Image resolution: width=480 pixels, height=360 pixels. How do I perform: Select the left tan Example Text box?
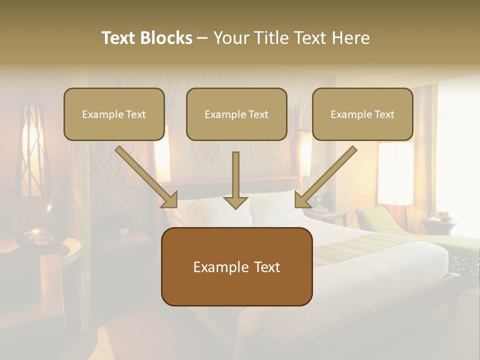[x=114, y=114]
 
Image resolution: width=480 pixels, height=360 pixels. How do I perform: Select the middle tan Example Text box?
[x=236, y=114]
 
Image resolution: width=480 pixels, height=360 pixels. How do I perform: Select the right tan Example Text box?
[x=362, y=114]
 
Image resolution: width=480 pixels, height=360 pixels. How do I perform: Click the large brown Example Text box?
[x=236, y=266]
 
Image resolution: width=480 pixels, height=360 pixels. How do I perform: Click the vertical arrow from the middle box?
[x=235, y=180]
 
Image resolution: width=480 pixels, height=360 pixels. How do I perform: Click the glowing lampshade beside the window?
[x=395, y=172]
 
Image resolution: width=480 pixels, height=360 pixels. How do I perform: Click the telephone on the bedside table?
[x=318, y=209]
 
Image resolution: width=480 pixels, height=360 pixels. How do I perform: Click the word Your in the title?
[x=231, y=38]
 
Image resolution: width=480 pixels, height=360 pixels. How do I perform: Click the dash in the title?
[x=202, y=38]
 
